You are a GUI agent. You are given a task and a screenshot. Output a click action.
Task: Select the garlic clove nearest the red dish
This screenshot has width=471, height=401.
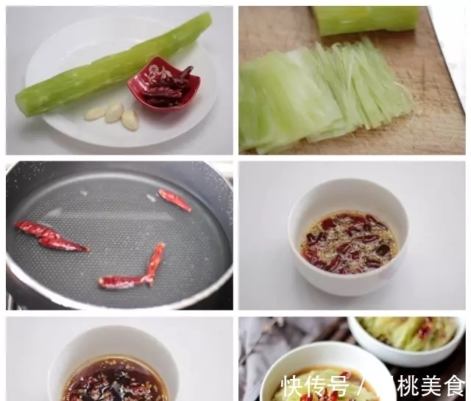coord(130,119)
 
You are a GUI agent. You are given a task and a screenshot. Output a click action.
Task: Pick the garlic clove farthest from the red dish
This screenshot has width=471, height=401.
coord(95,114)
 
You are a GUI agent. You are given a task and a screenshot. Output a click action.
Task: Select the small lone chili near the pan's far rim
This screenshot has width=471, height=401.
coord(174,199)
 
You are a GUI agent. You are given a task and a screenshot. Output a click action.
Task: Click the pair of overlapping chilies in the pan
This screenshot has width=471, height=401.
coord(52,237)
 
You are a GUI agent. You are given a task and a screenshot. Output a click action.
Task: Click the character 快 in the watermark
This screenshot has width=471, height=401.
coord(293,386)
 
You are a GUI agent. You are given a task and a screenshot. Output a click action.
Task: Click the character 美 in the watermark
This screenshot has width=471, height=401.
coord(431,386)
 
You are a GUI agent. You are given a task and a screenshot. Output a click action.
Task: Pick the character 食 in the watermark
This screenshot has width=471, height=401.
coord(454,386)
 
